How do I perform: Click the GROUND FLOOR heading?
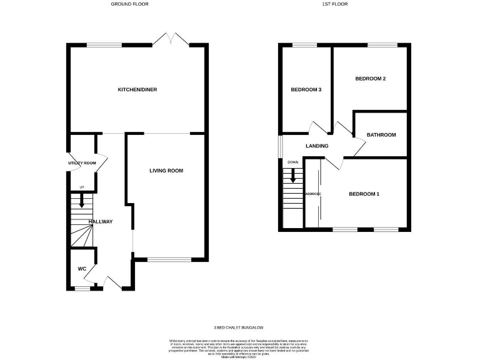coord(129,4)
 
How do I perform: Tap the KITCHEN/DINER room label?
coord(137,90)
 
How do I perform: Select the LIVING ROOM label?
coord(166,171)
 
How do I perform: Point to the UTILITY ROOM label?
coord(82,163)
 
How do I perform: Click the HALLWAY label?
coord(100,222)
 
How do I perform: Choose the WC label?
coord(82,269)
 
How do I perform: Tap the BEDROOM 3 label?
coord(306,90)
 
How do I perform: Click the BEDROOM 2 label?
coord(370,79)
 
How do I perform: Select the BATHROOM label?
coord(381,135)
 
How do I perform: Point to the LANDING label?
coord(316,146)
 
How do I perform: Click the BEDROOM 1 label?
coord(364,194)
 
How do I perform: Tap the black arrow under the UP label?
coord(81,201)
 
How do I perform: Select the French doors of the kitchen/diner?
coord(171,39)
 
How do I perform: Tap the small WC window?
coord(82,289)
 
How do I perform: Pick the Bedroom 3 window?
coord(304,45)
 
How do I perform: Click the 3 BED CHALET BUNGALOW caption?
coord(239,327)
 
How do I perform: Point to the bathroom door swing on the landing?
coord(359,147)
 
